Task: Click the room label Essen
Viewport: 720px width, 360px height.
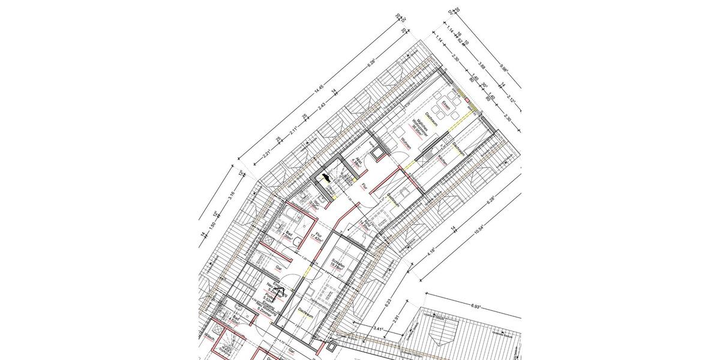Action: pyautogui.click(x=445, y=105)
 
